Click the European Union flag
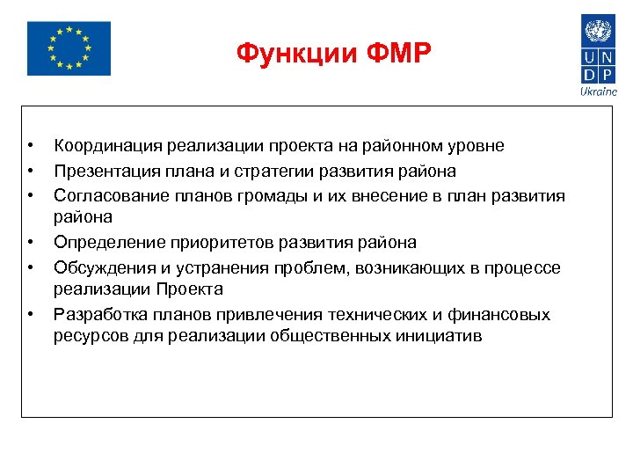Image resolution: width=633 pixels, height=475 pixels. click(69, 48)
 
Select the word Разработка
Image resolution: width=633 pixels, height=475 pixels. click(100, 315)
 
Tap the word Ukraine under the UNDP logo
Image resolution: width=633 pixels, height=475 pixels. click(599, 91)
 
